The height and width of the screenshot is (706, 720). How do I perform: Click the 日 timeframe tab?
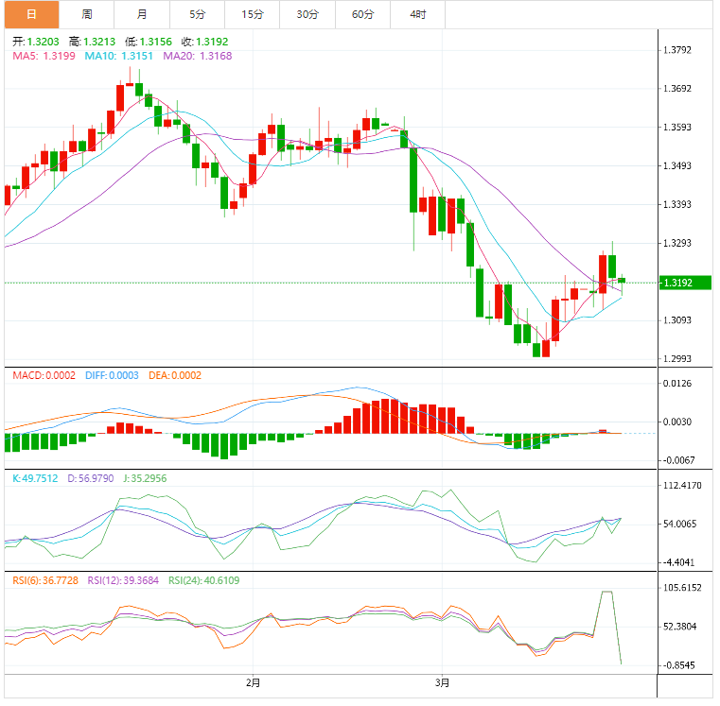pos(30,14)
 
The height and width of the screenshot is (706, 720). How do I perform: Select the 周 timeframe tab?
pos(86,14)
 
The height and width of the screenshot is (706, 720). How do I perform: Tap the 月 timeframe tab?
pos(142,14)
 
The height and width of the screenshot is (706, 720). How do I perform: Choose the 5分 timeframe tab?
pos(197,14)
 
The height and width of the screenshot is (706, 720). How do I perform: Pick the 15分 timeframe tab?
pos(253,14)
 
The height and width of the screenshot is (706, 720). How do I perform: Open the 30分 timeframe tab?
pos(307,14)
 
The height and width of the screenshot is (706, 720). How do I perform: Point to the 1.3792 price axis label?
pos(684,50)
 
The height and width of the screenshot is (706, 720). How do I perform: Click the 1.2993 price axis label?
pos(684,358)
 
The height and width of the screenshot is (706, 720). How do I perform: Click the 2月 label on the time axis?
pos(253,682)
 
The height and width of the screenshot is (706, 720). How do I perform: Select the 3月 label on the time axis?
pos(442,682)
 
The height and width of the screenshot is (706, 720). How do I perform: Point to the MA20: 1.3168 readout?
pos(198,56)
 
